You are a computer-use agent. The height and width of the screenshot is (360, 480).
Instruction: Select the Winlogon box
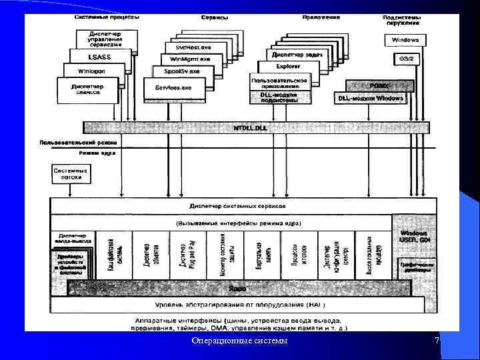point(86,70)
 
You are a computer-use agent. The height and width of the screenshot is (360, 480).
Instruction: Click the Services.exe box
point(173,87)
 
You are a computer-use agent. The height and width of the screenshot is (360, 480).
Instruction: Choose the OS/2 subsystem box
point(405,59)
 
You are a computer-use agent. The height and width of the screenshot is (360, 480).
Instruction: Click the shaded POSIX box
point(379,85)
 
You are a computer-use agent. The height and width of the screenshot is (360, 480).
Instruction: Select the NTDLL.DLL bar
point(256,127)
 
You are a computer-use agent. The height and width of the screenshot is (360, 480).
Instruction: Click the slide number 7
point(437,341)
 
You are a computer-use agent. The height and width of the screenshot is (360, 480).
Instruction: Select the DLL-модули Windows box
point(371,98)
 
